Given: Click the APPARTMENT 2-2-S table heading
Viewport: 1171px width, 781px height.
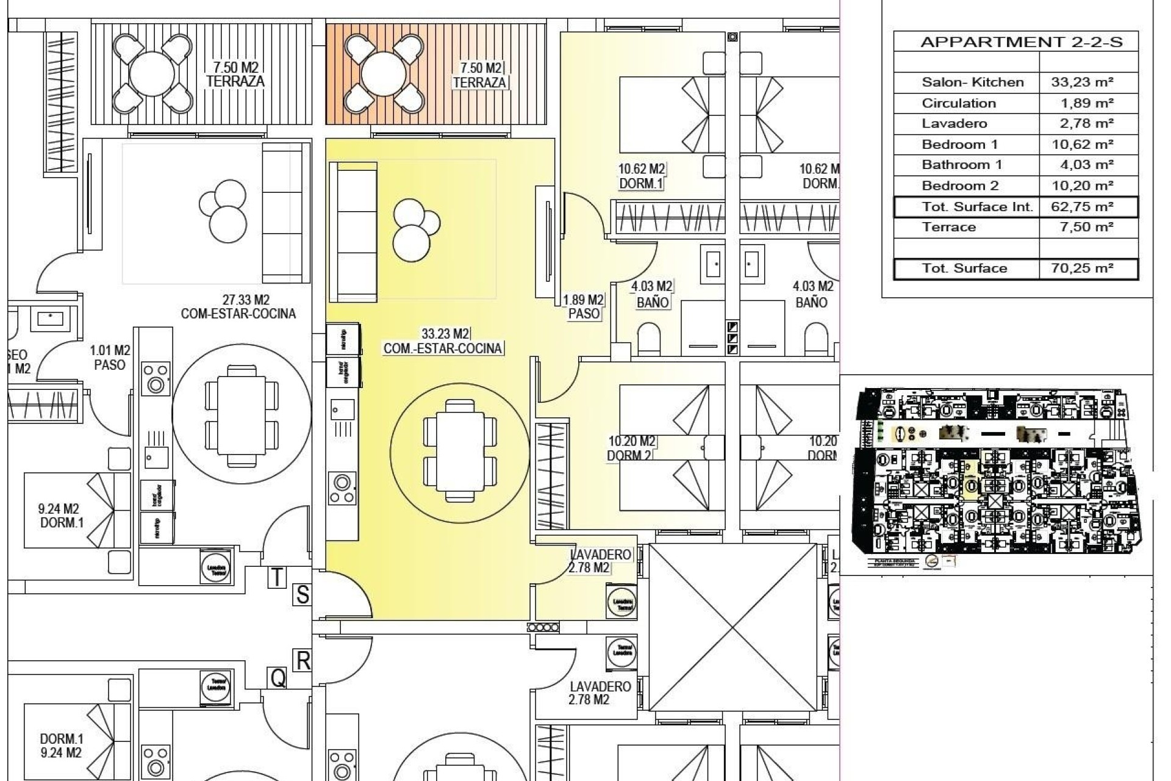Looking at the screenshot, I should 1021,42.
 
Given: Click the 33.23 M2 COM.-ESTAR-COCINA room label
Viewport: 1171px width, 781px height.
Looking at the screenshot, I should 443,342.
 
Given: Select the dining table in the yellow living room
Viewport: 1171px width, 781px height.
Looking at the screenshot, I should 460,450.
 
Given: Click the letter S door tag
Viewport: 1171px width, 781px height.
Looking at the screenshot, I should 303,595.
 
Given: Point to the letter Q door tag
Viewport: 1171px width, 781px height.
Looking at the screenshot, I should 278,677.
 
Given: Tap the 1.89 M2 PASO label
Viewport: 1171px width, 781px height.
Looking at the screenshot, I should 583,307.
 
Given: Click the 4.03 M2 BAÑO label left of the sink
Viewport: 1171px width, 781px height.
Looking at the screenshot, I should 651,294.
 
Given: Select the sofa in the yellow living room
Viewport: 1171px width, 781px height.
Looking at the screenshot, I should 353,232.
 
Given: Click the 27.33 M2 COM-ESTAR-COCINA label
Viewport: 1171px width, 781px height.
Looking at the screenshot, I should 238,307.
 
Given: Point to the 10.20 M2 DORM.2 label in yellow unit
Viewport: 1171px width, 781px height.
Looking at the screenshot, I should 631,448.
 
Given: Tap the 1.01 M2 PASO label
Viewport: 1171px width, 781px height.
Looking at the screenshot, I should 110,358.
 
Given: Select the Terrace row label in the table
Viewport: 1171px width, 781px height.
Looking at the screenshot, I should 948,228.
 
